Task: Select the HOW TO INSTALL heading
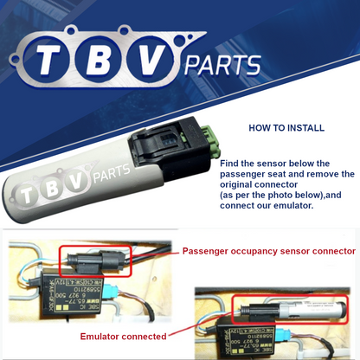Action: [x=286, y=128]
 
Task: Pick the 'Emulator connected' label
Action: [x=123, y=336]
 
